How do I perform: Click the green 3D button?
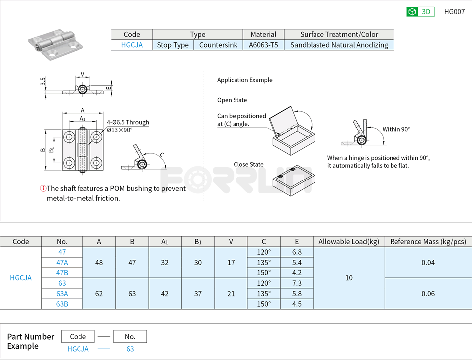point(420,12)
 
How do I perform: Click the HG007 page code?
point(454,12)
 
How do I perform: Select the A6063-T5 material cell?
point(263,45)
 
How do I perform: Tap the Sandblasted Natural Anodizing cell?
point(339,45)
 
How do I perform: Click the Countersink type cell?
point(218,45)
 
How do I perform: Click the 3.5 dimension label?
point(43,81)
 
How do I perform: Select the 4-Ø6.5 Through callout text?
point(128,122)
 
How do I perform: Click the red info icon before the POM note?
point(43,188)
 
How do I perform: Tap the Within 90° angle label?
point(396,129)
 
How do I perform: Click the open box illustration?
point(293,131)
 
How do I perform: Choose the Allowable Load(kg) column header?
point(349,242)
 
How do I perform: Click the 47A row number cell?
point(62,263)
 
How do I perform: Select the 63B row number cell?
point(62,304)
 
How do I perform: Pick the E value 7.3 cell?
point(297,283)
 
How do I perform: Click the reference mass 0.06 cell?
point(428,294)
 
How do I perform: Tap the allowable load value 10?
point(349,278)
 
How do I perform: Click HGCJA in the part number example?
point(78,349)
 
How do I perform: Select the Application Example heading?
point(244,80)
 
